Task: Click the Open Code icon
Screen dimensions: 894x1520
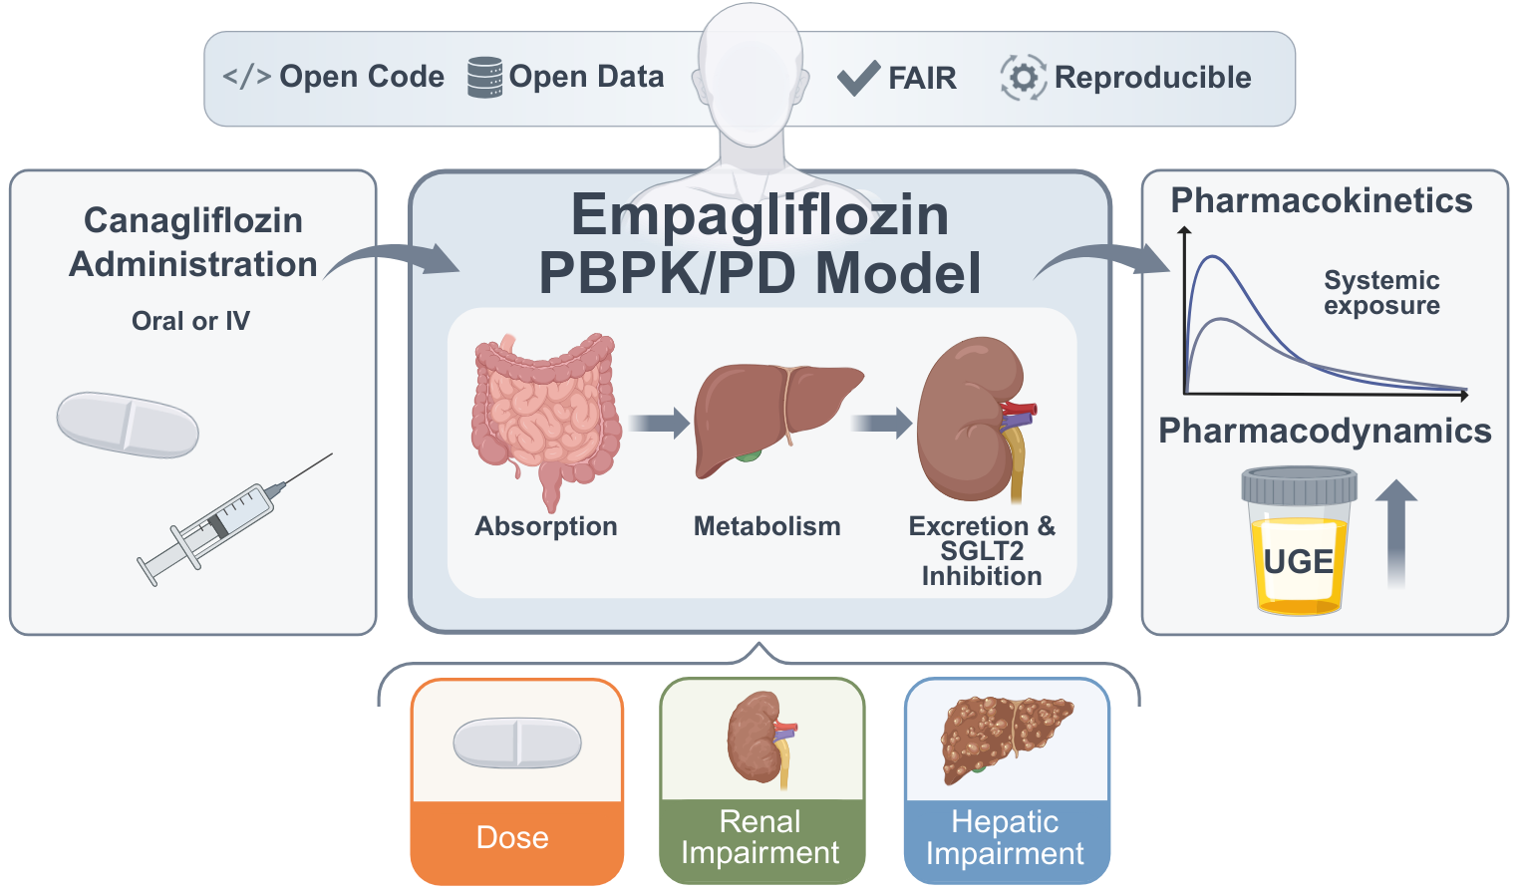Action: click(x=246, y=77)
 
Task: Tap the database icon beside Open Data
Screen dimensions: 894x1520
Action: click(x=485, y=77)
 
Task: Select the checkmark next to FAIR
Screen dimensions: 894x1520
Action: click(x=857, y=77)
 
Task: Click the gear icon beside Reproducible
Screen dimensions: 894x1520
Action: click(x=1023, y=77)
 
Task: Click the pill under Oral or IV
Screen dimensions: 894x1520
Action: click(x=128, y=425)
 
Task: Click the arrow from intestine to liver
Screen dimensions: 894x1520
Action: click(x=659, y=423)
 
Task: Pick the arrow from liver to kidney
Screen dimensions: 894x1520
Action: click(x=882, y=423)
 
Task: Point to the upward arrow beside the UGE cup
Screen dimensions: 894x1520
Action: click(x=1396, y=532)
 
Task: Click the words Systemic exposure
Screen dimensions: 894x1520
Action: click(x=1381, y=293)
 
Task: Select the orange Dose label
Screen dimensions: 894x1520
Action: click(x=513, y=838)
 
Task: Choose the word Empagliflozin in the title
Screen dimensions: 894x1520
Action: click(x=760, y=215)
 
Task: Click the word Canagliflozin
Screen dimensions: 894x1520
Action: click(x=193, y=220)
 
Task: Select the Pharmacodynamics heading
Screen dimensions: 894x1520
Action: click(x=1325, y=431)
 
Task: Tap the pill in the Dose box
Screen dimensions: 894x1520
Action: click(x=516, y=743)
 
